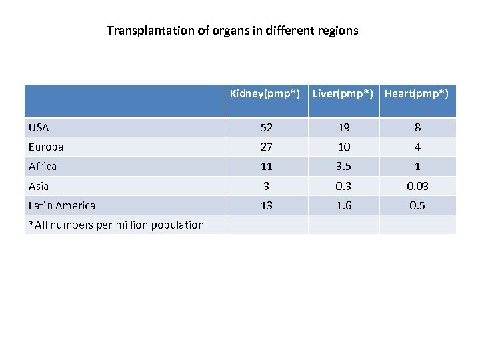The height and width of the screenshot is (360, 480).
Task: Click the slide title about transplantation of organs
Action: tap(233, 31)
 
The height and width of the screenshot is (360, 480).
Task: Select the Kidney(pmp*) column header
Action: tap(265, 93)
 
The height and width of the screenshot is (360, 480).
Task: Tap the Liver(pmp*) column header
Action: tap(343, 93)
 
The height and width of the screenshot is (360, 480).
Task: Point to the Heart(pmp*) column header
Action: tap(417, 93)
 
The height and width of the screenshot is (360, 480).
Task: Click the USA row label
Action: tap(39, 127)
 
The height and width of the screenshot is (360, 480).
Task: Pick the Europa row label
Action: tap(46, 147)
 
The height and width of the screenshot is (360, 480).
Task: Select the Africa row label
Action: tap(43, 166)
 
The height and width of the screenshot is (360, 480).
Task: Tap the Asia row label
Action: tap(39, 186)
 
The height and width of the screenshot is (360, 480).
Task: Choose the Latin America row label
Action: tap(62, 205)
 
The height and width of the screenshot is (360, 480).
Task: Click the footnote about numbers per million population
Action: tap(116, 225)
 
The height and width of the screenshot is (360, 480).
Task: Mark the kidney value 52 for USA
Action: tap(266, 127)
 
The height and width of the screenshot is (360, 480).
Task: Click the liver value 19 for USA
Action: tap(343, 127)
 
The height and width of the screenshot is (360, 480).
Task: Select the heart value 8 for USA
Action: tap(417, 127)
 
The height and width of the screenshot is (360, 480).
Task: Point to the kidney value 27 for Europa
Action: tap(266, 147)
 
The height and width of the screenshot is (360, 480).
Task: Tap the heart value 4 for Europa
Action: tap(417, 147)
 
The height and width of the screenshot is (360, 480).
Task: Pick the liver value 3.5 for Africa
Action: tap(343, 166)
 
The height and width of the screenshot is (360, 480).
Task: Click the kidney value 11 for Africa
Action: tap(266, 166)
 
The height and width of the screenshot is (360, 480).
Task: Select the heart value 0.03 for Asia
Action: tap(417, 186)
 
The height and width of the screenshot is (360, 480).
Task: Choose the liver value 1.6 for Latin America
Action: tap(343, 205)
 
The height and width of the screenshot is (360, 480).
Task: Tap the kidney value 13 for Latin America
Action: tap(266, 205)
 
